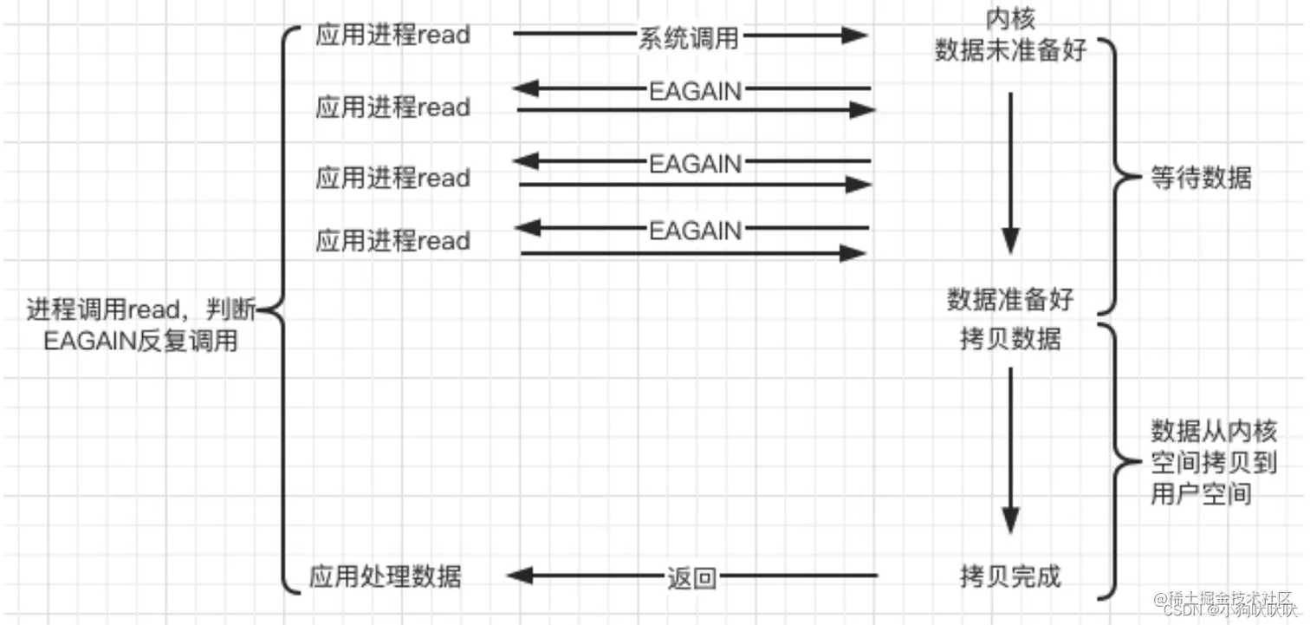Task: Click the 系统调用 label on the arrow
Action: tap(691, 36)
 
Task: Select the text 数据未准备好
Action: tap(1010, 50)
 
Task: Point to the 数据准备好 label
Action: tap(1010, 300)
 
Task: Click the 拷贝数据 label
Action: tap(1010, 338)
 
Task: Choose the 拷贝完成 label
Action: tap(1010, 576)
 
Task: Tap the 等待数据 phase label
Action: tap(1201, 178)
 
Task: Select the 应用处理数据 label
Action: tap(386, 576)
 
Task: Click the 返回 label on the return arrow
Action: tap(692, 577)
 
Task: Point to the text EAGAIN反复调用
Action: tap(140, 341)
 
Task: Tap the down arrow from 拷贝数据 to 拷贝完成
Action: tap(1010, 451)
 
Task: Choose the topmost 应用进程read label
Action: tap(392, 36)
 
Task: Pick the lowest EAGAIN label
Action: tap(695, 231)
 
